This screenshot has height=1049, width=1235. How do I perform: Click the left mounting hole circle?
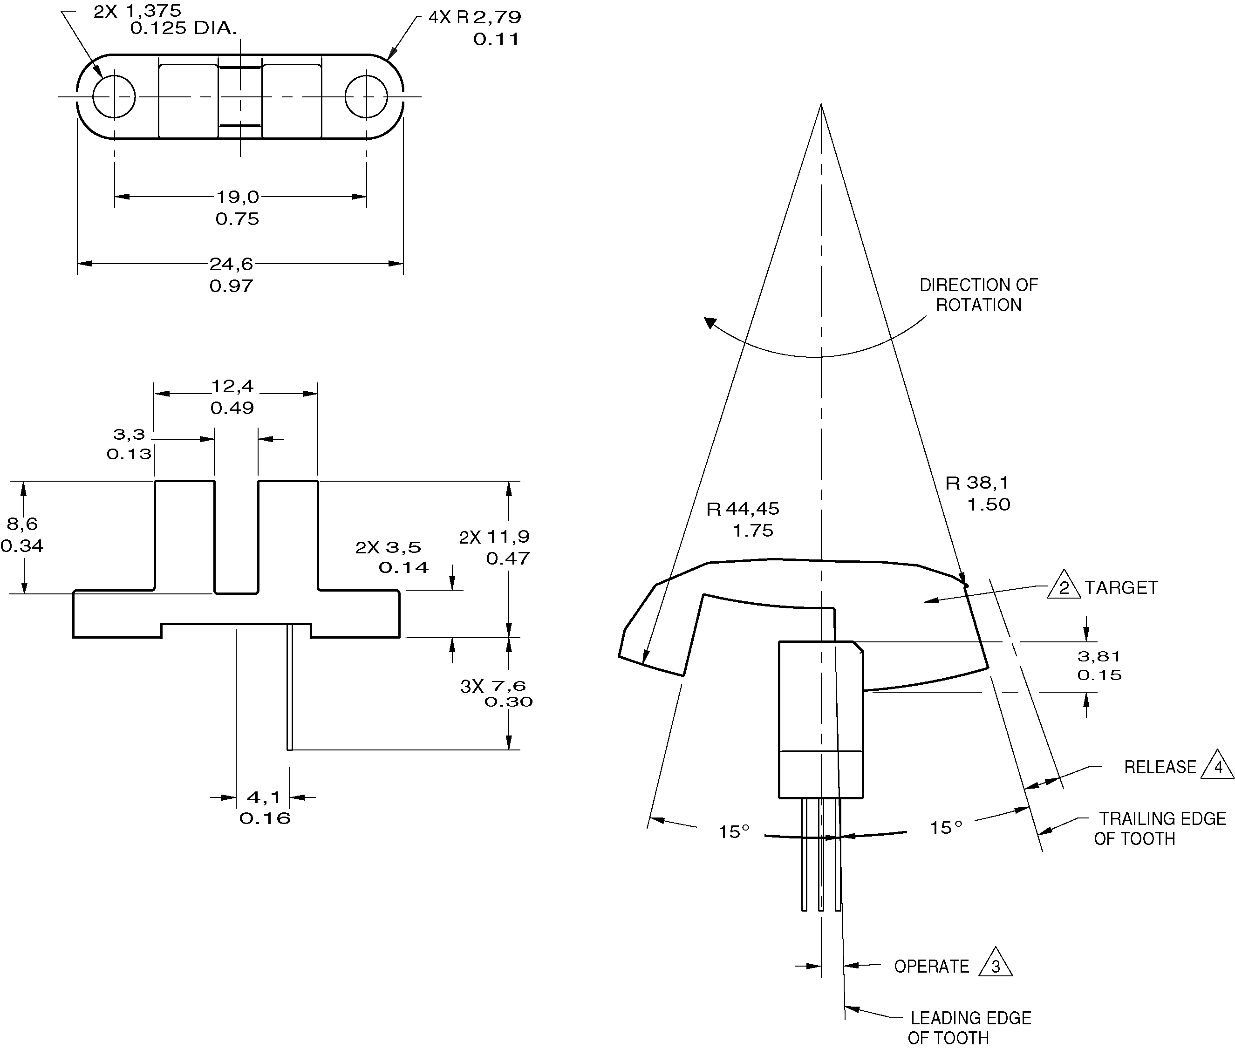(114, 96)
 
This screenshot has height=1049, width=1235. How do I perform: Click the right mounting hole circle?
(366, 96)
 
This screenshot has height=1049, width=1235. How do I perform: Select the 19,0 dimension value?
(237, 197)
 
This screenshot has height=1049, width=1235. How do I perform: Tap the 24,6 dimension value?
(232, 264)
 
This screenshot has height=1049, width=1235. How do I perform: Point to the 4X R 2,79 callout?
(475, 18)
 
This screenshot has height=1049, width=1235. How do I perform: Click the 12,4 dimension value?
(232, 387)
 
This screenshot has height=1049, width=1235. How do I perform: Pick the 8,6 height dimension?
(23, 524)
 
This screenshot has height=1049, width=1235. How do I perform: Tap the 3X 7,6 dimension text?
(493, 687)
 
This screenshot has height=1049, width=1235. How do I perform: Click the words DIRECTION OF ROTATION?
(979, 295)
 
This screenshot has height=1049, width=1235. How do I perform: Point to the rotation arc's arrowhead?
(710, 323)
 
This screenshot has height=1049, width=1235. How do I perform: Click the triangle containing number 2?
(1064, 585)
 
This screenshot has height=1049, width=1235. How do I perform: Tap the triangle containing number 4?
(1217, 766)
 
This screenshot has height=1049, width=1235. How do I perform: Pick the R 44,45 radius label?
(743, 509)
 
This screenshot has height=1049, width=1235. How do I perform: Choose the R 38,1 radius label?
(977, 483)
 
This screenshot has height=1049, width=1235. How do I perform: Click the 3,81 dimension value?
(1099, 656)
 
